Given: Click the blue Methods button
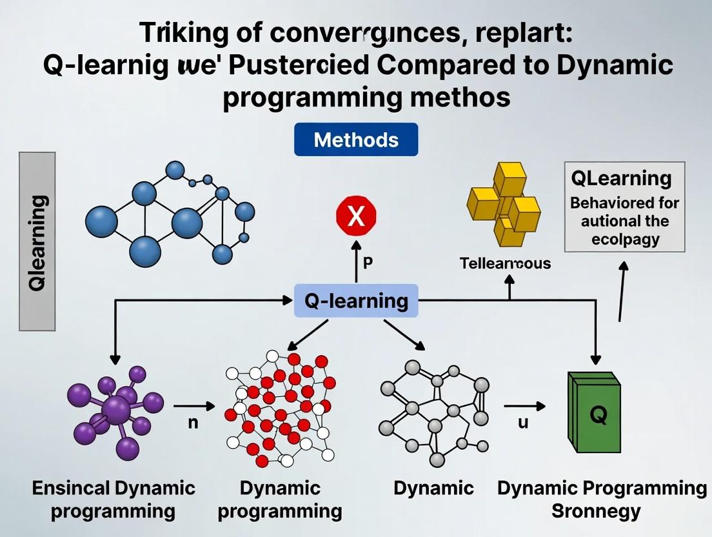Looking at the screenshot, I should (x=355, y=140).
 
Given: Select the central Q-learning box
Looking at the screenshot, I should (x=355, y=301).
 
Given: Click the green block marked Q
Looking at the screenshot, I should (x=594, y=412).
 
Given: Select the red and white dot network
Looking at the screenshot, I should (x=281, y=408).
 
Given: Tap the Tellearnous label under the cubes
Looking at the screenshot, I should (x=505, y=263).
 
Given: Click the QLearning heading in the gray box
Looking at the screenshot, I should (x=621, y=178).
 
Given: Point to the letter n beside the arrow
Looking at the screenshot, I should (x=192, y=424).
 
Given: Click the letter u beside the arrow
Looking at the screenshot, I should (x=523, y=423).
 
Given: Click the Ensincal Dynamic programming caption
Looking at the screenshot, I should (x=113, y=500).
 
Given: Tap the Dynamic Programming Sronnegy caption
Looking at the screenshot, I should (x=601, y=500).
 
